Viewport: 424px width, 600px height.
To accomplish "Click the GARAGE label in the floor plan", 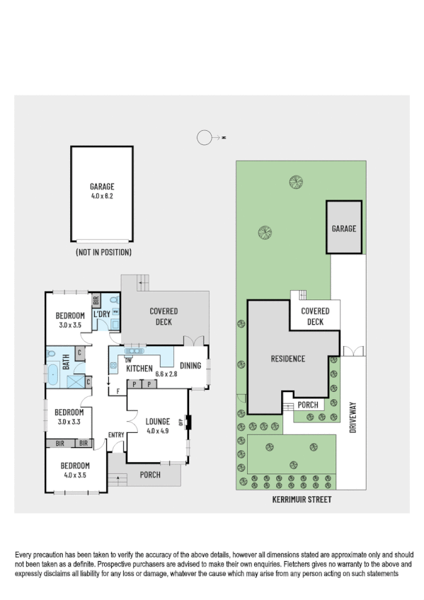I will tap(102, 187).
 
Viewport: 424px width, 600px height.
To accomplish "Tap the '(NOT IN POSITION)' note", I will tap(103, 252).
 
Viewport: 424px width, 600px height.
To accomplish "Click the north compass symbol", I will tap(205, 138).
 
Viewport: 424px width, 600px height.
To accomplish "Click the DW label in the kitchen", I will tap(129, 359).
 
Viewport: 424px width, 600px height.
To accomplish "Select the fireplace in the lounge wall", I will tap(188, 422).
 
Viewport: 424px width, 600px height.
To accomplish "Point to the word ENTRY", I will tap(116, 435).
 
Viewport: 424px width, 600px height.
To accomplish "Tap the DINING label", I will tap(190, 366).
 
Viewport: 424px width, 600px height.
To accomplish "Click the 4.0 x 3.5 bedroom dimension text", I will tap(74, 475).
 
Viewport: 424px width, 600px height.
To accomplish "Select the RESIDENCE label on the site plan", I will tap(288, 359).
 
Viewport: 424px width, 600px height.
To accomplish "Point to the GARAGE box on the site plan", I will tap(344, 228).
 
